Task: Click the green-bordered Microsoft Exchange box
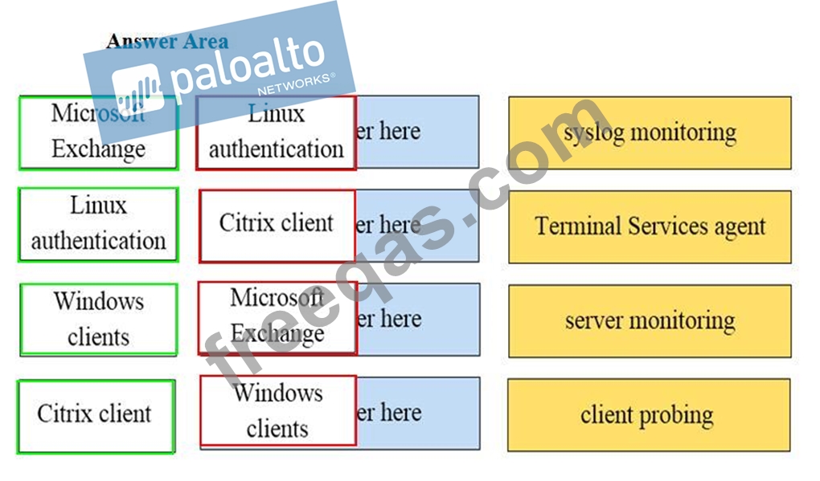pos(98,132)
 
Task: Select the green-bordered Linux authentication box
pos(98,224)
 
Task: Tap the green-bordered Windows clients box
pos(98,319)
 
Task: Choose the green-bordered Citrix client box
pos(96,415)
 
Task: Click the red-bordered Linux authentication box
pos(276,132)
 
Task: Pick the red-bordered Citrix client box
pos(277,225)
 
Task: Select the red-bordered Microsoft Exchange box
pos(277,317)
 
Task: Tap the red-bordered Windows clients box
pos(277,410)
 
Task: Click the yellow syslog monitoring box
pos(650,132)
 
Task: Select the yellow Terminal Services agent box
pos(650,226)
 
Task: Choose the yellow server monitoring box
pos(650,320)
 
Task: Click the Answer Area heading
pos(167,41)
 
